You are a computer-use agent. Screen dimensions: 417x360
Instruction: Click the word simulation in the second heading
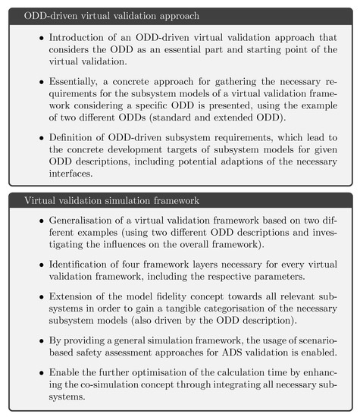pos(146,200)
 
